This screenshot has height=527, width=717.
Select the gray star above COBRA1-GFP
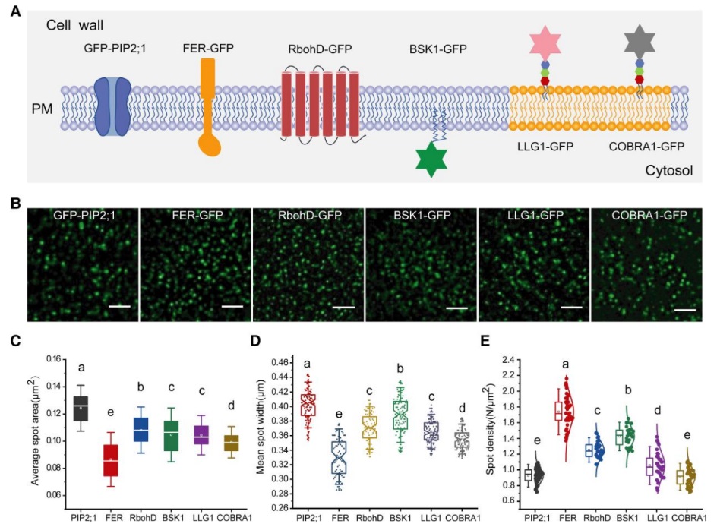(640, 42)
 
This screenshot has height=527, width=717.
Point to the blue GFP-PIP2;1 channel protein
(114, 106)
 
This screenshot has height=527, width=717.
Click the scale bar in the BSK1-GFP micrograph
(456, 308)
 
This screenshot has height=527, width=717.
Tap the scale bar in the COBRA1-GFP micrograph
(684, 309)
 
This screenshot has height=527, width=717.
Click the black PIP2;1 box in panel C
(79, 408)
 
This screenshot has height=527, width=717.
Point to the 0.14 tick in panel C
(51, 387)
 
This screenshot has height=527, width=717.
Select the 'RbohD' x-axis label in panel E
(595, 518)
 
